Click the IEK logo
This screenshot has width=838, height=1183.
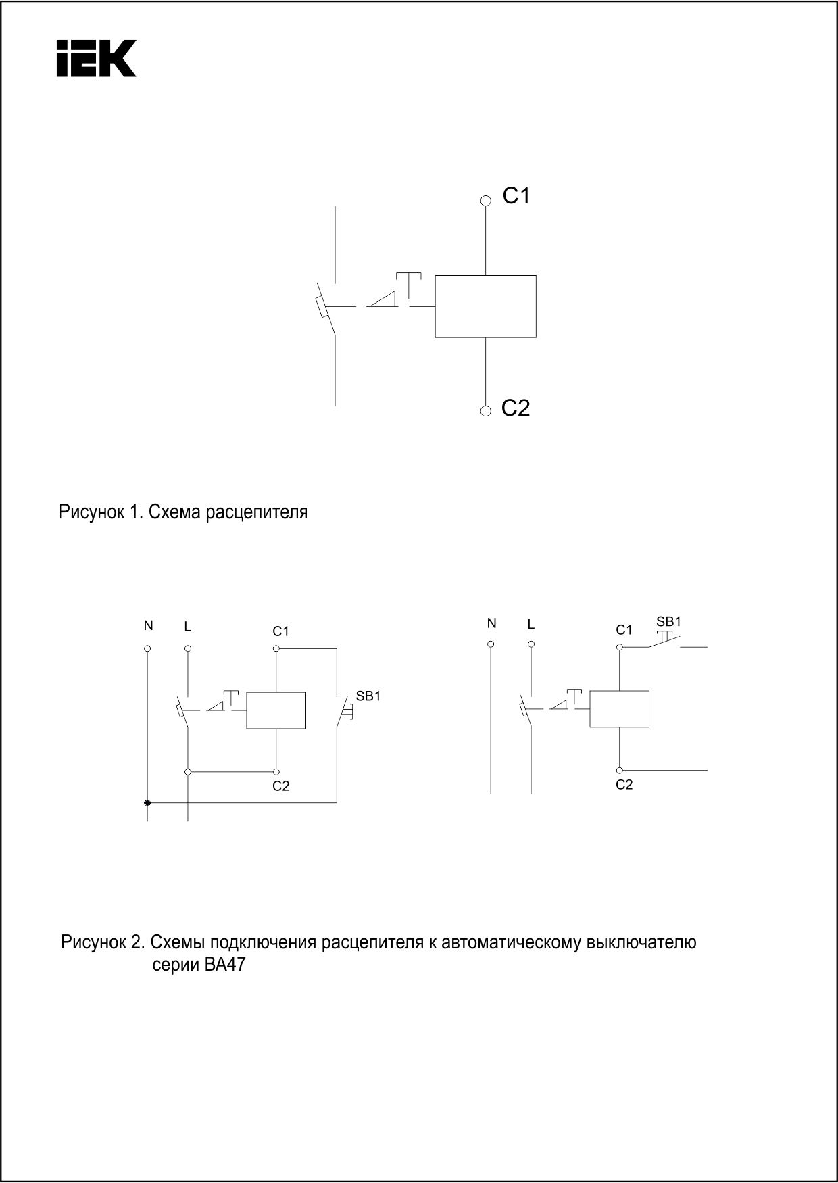97,58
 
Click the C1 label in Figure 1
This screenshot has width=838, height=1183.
516,196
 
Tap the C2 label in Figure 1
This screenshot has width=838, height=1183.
516,408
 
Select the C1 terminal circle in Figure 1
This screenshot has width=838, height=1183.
485,200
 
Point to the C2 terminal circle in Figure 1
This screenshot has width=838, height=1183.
485,411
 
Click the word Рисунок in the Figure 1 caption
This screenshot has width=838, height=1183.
91,512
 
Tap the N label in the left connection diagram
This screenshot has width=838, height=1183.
148,626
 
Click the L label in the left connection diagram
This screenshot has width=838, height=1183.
188,627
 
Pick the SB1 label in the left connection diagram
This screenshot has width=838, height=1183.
368,696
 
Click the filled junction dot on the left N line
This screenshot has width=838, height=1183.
147,802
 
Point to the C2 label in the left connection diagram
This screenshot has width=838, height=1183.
281,786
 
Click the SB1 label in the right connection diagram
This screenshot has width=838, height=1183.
669,621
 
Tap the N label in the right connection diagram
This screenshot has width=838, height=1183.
491,623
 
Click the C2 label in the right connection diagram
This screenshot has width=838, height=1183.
624,785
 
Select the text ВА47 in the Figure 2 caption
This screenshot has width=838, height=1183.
224,965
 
